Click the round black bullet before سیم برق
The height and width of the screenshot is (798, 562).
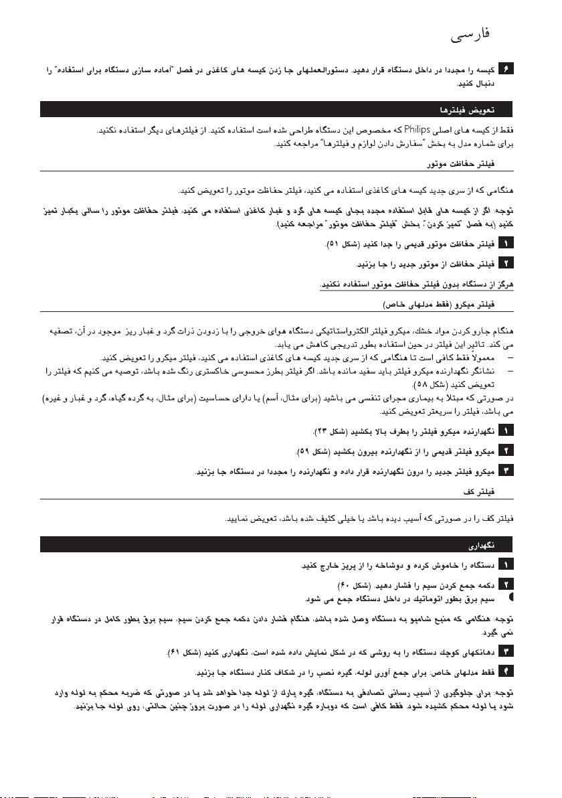tap(512, 594)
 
